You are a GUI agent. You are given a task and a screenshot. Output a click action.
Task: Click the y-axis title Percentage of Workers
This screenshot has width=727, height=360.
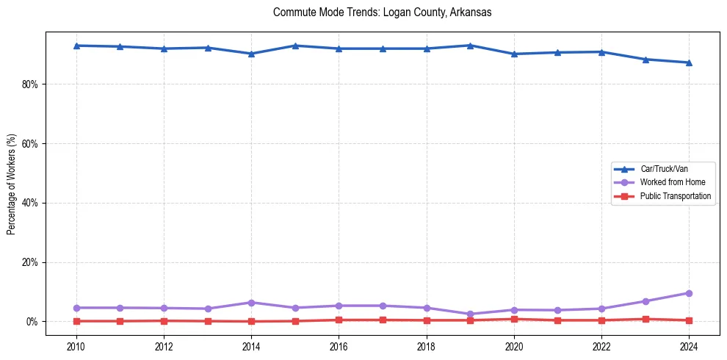(x=12, y=184)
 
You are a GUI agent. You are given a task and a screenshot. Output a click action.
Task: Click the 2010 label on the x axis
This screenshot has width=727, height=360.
(x=76, y=346)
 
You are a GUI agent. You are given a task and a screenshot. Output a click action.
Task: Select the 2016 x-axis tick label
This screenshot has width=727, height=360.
(x=339, y=346)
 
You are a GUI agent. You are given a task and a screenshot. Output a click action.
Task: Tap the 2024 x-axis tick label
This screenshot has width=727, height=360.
(x=689, y=346)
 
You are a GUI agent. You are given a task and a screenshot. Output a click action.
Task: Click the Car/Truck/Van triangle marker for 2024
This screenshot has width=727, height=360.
(x=689, y=62)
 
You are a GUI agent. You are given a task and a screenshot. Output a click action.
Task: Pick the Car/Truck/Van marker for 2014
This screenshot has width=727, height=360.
(x=251, y=54)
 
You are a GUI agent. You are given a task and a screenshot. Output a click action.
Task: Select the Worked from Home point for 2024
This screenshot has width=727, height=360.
(x=689, y=293)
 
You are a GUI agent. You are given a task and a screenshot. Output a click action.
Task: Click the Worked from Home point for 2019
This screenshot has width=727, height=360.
(x=470, y=314)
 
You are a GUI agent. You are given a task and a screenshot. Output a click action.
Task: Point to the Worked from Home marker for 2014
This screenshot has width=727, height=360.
(x=251, y=303)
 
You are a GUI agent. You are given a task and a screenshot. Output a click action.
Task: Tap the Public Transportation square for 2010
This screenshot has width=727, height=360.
(x=76, y=321)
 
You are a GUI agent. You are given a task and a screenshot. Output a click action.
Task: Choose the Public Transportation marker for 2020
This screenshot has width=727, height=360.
(x=514, y=319)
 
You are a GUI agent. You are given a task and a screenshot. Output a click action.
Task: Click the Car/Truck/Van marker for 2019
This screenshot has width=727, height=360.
(x=470, y=46)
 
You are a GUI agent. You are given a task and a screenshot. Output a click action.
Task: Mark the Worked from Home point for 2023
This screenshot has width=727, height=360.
(x=645, y=301)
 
